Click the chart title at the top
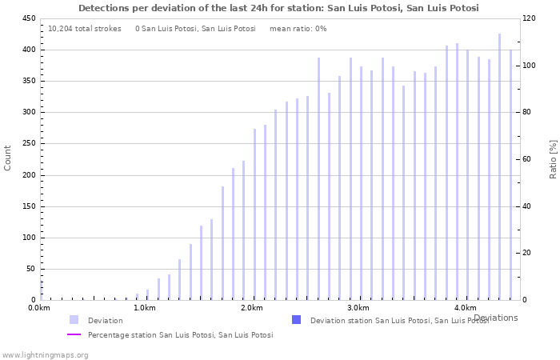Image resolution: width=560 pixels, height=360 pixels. tap(278, 8)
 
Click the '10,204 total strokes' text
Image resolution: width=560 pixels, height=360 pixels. tap(85, 29)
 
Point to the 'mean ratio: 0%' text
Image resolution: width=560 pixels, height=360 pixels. tap(298, 29)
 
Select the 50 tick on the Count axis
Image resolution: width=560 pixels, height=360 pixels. tap(30, 269)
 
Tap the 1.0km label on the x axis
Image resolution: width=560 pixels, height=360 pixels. tap(145, 308)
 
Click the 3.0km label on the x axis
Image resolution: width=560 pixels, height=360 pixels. tap(358, 308)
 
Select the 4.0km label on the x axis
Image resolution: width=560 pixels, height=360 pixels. tap(465, 308)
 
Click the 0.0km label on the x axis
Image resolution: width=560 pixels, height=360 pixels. tap(39, 308)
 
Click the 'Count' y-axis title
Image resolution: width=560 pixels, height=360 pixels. tap(8, 158)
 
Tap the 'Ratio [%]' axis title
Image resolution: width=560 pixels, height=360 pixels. tap(553, 158)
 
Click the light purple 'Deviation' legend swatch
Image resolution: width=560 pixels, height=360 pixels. tap(74, 320)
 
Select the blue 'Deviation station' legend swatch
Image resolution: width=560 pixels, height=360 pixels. tap(296, 320)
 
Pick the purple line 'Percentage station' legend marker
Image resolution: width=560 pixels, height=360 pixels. tap(74, 335)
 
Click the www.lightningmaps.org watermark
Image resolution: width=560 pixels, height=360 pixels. tap(45, 354)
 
